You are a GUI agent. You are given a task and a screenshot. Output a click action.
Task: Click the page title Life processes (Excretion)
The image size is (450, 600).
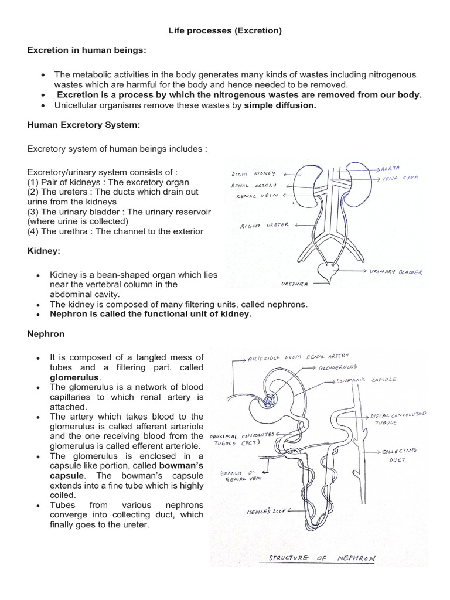(225, 30)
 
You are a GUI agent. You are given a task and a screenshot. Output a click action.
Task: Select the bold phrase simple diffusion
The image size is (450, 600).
(280, 105)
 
